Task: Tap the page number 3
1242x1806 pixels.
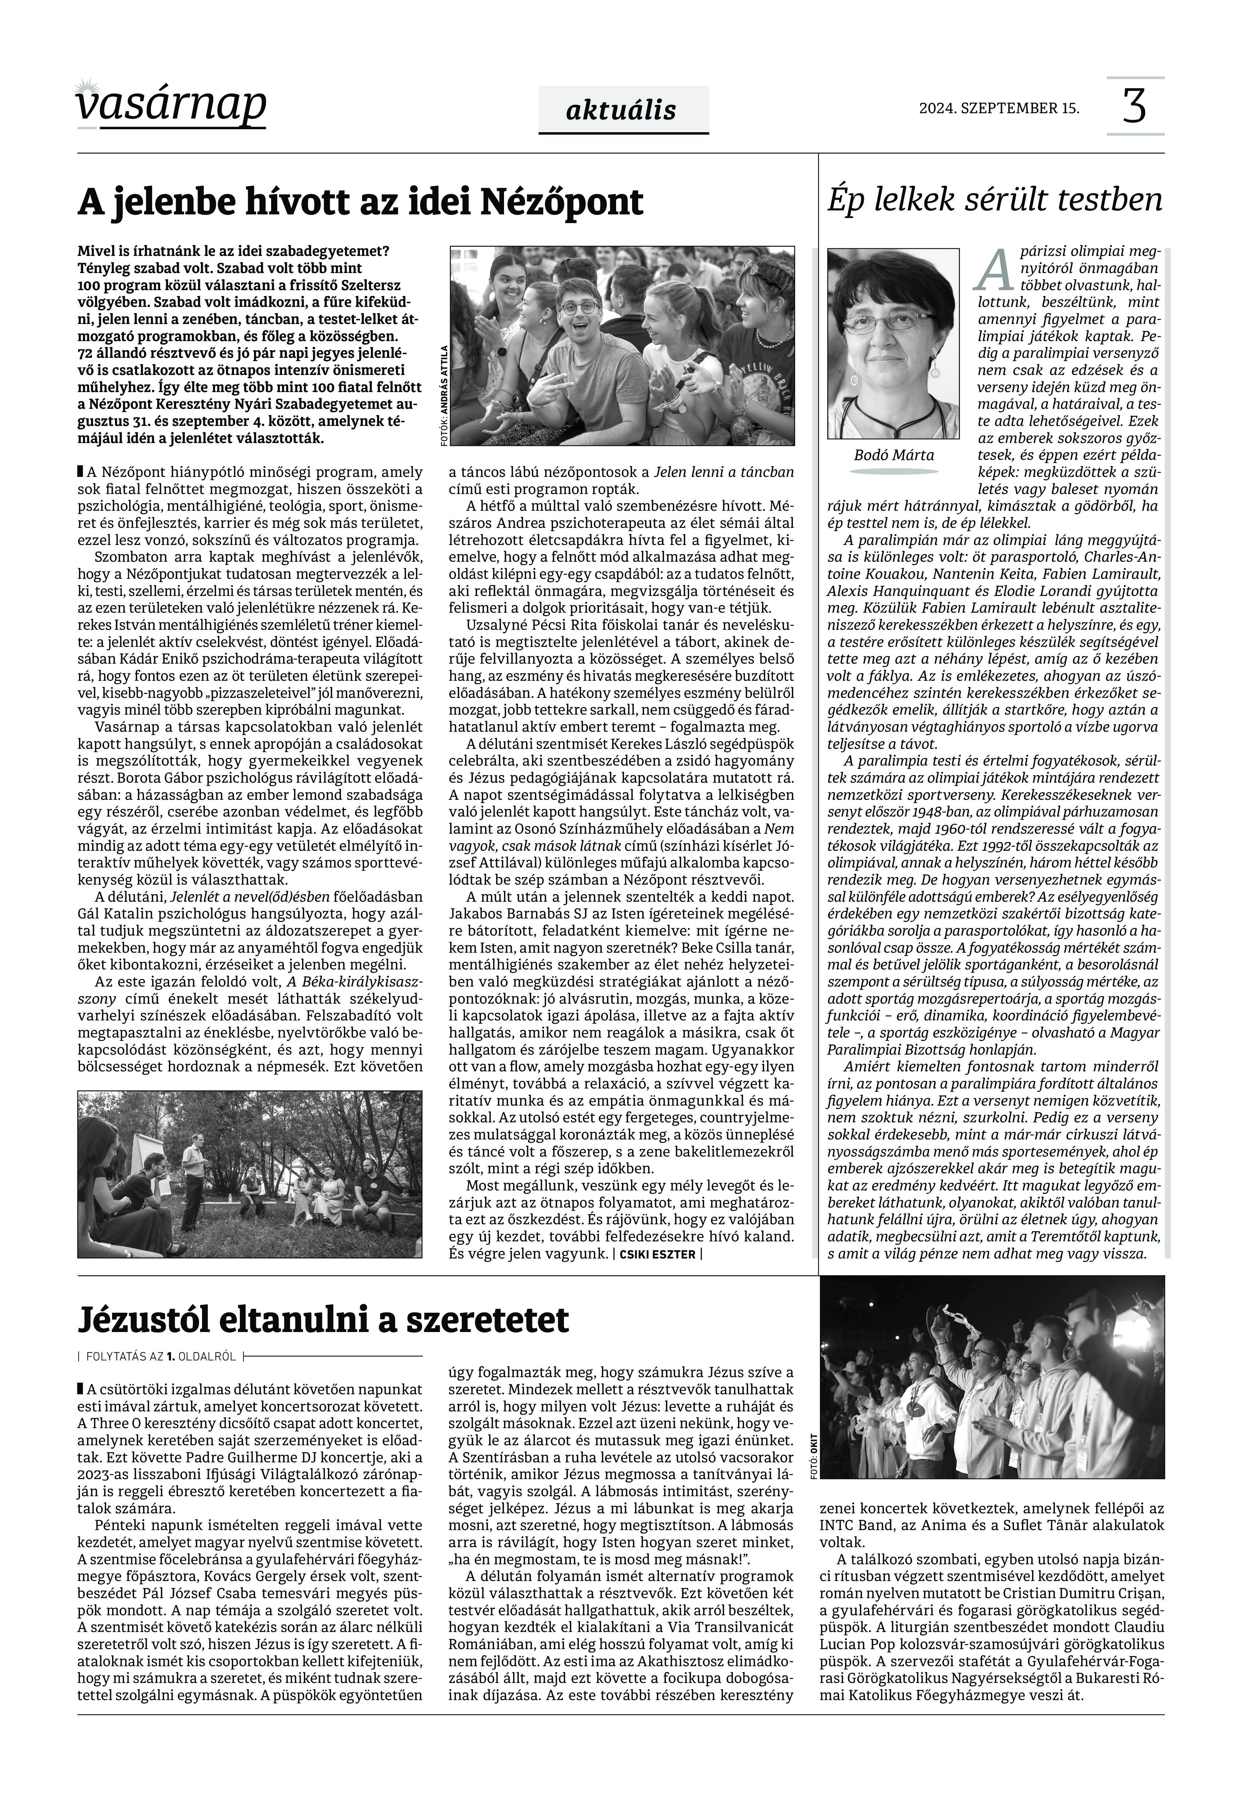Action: [x=1135, y=107]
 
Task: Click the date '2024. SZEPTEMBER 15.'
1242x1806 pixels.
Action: [x=999, y=108]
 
